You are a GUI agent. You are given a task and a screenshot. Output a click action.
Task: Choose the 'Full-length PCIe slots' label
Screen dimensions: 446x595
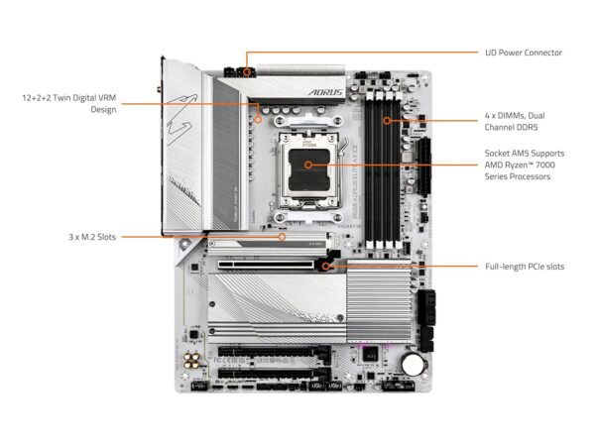[525, 267]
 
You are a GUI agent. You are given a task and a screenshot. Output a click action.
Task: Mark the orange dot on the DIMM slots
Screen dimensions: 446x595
[386, 121]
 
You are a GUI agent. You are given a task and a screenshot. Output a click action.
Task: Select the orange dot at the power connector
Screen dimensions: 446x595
[245, 71]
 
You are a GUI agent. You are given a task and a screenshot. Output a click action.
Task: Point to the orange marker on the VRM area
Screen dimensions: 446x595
[258, 119]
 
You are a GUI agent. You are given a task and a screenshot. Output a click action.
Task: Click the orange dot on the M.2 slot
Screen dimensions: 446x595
[283, 238]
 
